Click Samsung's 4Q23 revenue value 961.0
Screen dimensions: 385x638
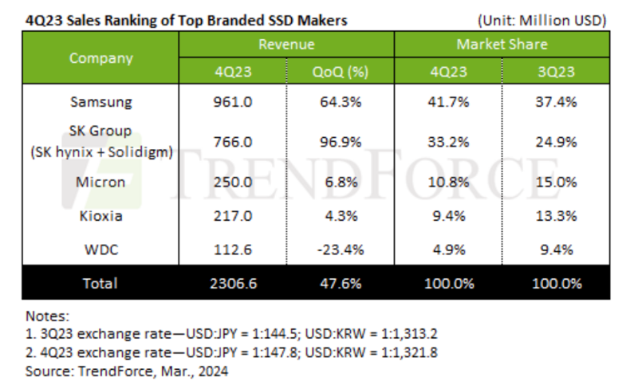(231, 102)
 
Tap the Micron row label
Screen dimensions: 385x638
(100, 183)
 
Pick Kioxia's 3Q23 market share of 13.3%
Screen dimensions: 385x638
(557, 215)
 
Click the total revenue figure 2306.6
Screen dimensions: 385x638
(231, 283)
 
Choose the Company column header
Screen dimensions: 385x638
(100, 58)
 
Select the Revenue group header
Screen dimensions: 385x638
(286, 45)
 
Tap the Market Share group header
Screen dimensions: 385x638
(502, 45)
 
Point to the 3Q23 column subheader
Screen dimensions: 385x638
(557, 72)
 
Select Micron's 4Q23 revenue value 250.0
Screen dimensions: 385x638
(231, 183)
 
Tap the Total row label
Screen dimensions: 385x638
(100, 283)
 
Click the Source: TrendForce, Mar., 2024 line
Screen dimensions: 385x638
(127, 371)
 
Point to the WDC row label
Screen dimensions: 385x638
(100, 249)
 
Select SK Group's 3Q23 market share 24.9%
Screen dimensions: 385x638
(557, 141)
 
